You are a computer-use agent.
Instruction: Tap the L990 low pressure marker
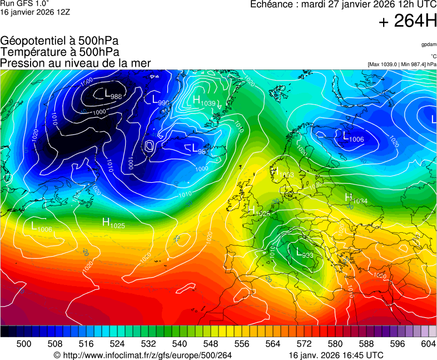(x=160, y=101)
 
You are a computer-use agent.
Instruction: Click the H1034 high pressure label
(x=356, y=199)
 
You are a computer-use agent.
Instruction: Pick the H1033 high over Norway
(x=283, y=173)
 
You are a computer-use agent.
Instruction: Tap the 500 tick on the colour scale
(x=24, y=344)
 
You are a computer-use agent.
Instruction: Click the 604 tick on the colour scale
(x=428, y=344)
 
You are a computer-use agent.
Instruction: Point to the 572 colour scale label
(x=304, y=344)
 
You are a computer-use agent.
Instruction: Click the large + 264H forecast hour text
(x=407, y=22)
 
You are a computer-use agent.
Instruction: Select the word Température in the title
(x=31, y=52)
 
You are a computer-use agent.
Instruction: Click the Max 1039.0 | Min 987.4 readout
(x=401, y=64)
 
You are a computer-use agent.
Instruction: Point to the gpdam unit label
(x=428, y=44)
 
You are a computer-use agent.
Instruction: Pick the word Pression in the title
(x=22, y=63)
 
